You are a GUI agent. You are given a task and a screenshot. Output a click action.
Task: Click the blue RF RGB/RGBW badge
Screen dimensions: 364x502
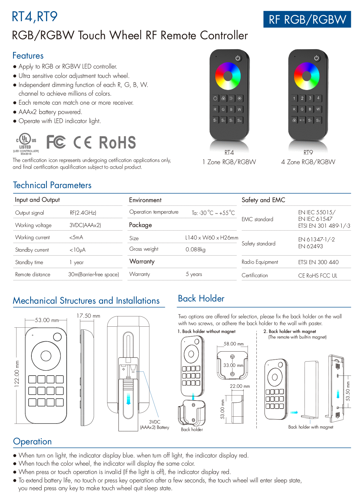(x=307, y=19)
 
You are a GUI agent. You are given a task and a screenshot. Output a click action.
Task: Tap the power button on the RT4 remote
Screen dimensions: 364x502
(x=238, y=58)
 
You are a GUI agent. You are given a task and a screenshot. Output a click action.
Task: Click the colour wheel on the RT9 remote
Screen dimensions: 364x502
(x=306, y=76)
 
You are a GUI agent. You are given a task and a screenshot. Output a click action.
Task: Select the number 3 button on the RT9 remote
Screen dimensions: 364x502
(x=310, y=98)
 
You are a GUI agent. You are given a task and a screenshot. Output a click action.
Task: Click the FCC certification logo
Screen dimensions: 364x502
(x=56, y=142)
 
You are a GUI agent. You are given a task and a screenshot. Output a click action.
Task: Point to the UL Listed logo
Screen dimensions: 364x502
(x=26, y=144)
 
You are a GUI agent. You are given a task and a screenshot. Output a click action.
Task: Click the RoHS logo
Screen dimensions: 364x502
(x=118, y=142)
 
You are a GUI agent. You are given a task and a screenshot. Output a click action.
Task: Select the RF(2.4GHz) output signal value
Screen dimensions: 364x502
(x=83, y=212)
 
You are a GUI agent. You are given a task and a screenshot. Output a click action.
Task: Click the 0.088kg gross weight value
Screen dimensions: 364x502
(x=195, y=249)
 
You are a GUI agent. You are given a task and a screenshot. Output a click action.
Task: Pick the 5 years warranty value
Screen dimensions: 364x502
(x=194, y=274)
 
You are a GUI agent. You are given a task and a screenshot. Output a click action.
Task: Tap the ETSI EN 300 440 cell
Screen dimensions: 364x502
(x=318, y=262)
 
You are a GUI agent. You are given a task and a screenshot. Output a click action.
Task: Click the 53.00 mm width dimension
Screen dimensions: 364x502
(x=47, y=320)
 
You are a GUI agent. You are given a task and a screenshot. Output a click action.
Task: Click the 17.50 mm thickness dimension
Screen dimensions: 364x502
(x=88, y=316)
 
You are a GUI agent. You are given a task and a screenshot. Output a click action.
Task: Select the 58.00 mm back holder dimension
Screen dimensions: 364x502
(x=233, y=344)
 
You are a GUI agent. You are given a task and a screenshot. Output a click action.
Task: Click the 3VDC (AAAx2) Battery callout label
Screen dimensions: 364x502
(x=154, y=424)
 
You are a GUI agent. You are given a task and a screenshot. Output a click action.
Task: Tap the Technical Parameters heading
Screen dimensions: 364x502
(x=52, y=185)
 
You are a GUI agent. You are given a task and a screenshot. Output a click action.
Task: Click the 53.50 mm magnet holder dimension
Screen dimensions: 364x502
(x=348, y=391)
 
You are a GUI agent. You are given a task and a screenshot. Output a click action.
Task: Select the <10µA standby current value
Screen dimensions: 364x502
(x=77, y=250)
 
